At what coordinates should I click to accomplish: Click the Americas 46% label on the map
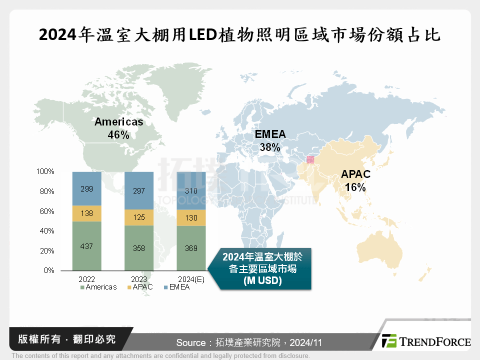coord(119,128)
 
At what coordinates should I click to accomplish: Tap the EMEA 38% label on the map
coord(270,140)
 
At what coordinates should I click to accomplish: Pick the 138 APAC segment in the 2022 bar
coord(87,213)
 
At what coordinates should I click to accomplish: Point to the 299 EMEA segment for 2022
coord(87,189)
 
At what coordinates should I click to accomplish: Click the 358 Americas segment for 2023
coord(139,248)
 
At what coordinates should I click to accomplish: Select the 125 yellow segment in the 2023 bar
coord(139,217)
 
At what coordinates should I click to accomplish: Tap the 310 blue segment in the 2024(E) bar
coord(191,190)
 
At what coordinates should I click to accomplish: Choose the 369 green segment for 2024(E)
coord(191,248)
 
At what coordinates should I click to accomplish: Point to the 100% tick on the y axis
coord(45,171)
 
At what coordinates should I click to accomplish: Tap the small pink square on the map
coord(310,159)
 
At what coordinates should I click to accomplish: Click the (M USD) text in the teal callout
coord(262,281)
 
